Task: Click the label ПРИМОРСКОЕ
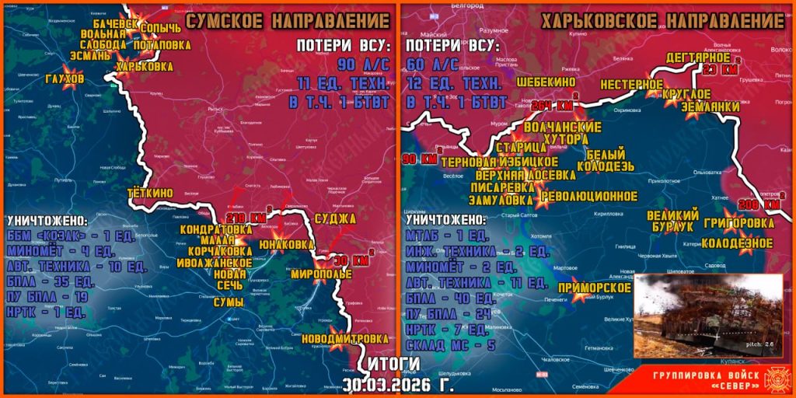coord(599,288)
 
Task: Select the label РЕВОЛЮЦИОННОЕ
coord(589,196)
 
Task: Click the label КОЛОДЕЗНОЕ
coord(737,243)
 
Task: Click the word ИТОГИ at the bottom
coord(393,364)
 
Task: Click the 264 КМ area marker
coord(553,105)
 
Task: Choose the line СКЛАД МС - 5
coord(447,344)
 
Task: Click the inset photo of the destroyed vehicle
coord(709,316)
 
